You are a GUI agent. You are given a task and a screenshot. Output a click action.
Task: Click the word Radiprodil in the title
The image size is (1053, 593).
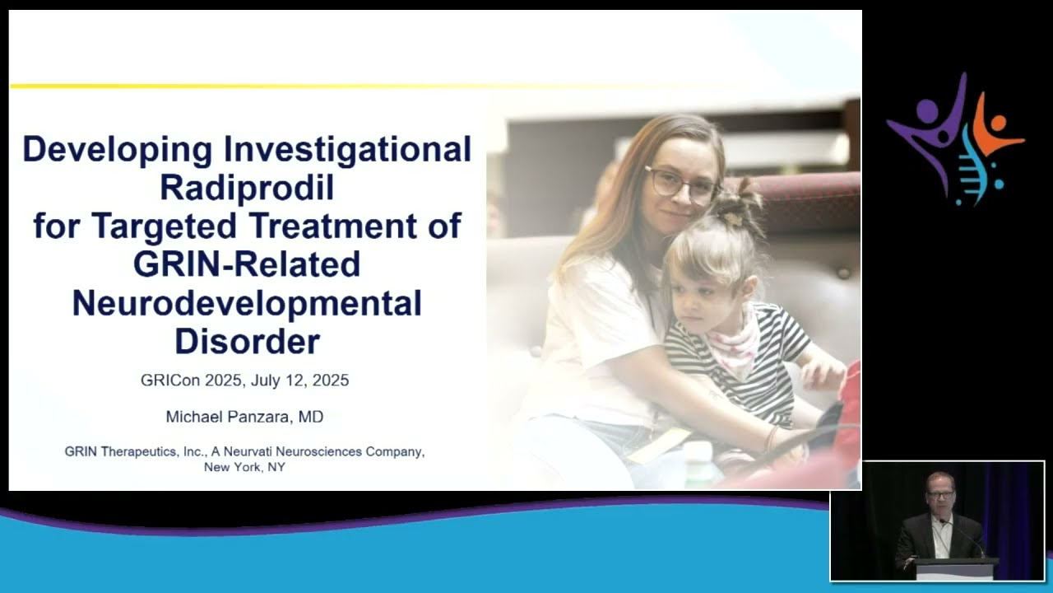pos(247,188)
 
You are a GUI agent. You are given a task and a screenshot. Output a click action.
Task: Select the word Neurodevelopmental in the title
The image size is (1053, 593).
pos(247,303)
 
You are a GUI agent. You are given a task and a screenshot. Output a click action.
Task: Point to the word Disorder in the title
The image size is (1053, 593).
pos(247,341)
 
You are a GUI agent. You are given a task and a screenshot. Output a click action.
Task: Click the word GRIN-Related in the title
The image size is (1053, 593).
pos(247,264)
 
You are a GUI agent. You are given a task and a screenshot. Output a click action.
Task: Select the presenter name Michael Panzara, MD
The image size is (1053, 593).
pos(244,417)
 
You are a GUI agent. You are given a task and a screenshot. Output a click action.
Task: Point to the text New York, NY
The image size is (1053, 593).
pos(244,467)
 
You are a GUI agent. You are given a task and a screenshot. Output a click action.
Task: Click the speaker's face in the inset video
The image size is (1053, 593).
pos(939,493)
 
